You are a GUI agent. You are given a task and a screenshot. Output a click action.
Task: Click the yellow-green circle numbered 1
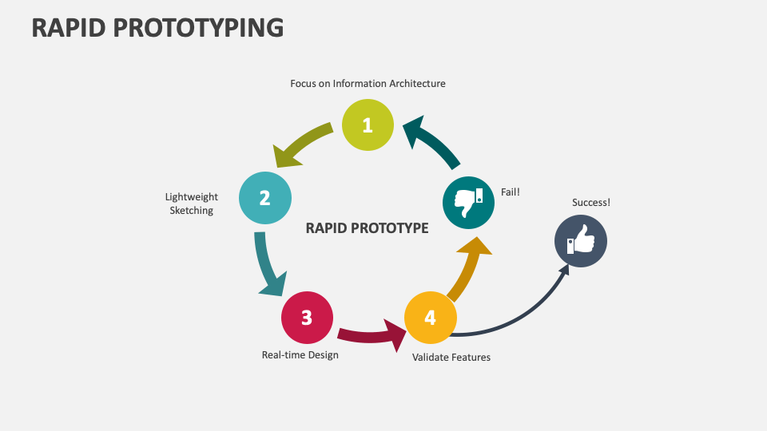pos(368,125)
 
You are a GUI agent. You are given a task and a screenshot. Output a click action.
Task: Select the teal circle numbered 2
pos(264,197)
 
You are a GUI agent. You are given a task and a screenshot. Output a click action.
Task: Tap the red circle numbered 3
pos(307,318)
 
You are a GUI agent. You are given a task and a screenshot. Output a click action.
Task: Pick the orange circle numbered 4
pos(430,318)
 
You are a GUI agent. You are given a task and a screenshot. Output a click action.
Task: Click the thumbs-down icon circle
pos(468,202)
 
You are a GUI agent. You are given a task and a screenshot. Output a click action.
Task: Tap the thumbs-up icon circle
pos(581,241)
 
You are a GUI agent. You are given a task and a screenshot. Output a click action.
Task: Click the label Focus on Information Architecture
pos(368,84)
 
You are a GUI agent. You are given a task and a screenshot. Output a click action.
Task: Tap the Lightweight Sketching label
pos(192,204)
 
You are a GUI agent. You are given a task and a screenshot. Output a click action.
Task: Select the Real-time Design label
pos(300,355)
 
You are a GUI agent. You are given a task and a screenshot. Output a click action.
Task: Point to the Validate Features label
pos(451,358)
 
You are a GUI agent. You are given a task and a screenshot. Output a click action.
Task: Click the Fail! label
pos(511,192)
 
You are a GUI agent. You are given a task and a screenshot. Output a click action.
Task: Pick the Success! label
pos(591,203)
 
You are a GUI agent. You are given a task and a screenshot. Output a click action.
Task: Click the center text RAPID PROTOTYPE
pos(368,228)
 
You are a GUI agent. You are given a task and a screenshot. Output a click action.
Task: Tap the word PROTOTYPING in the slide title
pos(201,27)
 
